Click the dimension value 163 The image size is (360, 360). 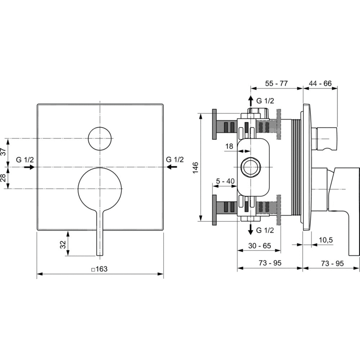102,269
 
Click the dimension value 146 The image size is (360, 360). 195,168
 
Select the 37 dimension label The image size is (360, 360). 4,152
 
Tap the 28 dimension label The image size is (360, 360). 4,178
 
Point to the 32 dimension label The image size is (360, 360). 63,244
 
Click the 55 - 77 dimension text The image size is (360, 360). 276,84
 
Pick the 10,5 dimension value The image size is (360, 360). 326,240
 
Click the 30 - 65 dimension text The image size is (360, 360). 260,246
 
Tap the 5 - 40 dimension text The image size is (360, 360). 225,181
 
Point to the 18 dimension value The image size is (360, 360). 229,146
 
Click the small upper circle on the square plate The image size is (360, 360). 100,139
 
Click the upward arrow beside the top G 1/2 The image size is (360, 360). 251,101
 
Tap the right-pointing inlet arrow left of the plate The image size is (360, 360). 30,167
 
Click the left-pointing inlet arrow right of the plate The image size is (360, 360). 172,167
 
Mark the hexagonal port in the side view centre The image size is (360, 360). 251,167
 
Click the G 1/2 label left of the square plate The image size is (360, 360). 25,159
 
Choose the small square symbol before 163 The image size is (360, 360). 93,270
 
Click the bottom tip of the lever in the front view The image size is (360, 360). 100,255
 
